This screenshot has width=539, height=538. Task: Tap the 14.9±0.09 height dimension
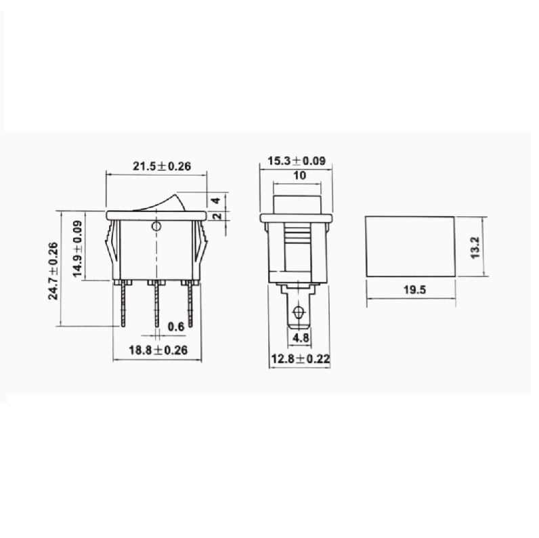pos(77,248)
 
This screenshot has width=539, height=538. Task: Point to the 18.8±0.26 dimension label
pos(157,350)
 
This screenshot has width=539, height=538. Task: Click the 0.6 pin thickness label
pos(176,327)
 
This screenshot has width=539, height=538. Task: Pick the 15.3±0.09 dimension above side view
pos(297,161)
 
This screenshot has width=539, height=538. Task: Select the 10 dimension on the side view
pos(300,175)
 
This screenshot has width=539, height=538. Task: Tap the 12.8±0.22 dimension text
pos(299,359)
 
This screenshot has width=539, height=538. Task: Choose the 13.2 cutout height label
pos(475,247)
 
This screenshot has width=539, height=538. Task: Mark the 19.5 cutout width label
pos(410,291)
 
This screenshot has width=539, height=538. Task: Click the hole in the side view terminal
pos(297,314)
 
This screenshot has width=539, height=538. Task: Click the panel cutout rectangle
pos(410,247)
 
